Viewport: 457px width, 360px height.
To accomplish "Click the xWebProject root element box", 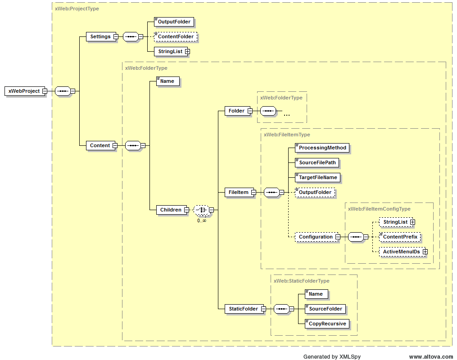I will coord(24,91).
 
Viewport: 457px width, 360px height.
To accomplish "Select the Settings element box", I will coord(100,36).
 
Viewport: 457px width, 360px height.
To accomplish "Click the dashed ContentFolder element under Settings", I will coord(176,36).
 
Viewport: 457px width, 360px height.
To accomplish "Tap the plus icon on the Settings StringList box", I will coord(187,51).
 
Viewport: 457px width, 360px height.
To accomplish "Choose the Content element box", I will coord(100,145).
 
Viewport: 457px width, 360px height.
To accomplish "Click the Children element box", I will coord(171,210).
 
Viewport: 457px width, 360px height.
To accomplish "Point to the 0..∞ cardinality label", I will coord(201,220).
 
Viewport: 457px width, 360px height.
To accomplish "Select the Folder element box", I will coord(236,111).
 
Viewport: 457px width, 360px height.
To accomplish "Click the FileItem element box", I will coord(238,192).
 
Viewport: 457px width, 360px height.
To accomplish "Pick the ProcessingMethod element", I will coord(322,148).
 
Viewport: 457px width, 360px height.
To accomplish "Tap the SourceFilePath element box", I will coord(317,162).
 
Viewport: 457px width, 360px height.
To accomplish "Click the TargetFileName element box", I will coord(318,177).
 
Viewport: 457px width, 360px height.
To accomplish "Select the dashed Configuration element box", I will coord(315,237).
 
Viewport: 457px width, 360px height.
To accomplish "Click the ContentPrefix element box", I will coord(400,237).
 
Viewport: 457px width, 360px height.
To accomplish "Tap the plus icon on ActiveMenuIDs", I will coord(425,252).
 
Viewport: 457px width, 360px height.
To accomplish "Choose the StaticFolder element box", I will coord(243,309).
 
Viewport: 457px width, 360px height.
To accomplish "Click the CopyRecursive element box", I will coord(327,324).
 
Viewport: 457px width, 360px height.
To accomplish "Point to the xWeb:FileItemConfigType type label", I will coord(379,209).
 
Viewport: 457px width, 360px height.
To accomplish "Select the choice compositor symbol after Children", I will coord(201,210).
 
